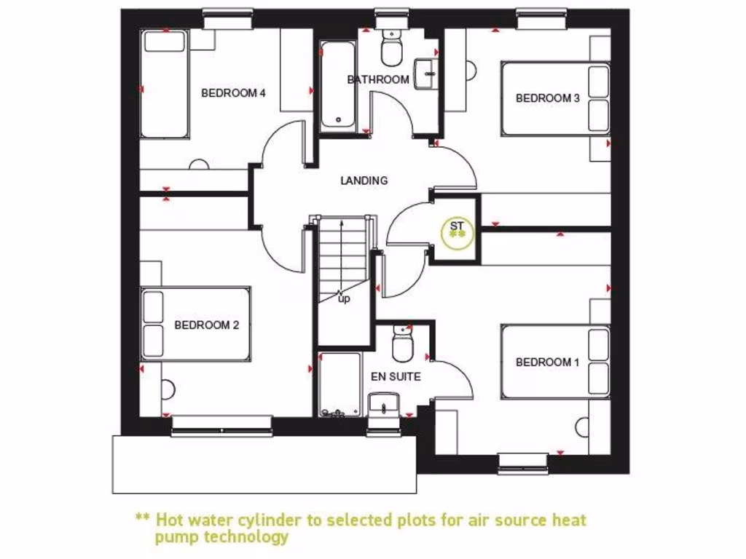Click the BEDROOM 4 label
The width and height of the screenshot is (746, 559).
pos(233,93)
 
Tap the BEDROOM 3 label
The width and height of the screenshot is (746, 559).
pos(548,98)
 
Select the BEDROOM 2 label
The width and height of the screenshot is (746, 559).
pos(207,325)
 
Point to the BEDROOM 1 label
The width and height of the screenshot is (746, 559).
pos(548,362)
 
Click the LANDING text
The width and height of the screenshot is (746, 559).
pos(364,181)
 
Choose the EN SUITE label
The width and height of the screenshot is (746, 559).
pos(396,376)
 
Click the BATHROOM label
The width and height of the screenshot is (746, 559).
pos(378,79)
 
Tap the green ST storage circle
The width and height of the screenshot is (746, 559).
pos(458,230)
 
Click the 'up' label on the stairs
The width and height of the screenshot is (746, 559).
pos(343,298)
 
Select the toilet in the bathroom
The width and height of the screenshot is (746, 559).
pos(392,48)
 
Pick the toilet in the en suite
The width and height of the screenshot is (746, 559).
pos(403,344)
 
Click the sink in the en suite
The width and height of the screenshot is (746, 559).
pos(384,405)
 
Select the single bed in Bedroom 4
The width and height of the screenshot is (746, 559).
pos(165,84)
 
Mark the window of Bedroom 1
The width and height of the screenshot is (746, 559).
pos(523,461)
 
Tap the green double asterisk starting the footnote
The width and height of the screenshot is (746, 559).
pos(142,520)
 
